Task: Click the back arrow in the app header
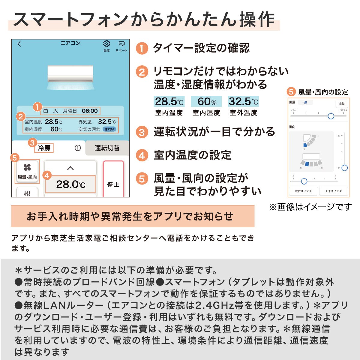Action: [x=19, y=44]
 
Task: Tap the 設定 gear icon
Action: [x=106, y=44]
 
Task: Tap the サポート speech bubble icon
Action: [x=121, y=44]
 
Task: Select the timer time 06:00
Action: [x=90, y=111]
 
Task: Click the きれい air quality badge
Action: [x=109, y=129]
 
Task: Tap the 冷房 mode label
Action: [x=44, y=148]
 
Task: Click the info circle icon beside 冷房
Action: [x=78, y=148]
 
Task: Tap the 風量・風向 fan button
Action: [x=27, y=171]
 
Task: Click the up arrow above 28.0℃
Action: [x=70, y=168]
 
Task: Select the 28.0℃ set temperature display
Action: [x=70, y=184]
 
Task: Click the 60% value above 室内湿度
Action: [x=206, y=102]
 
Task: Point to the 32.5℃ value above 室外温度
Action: [x=243, y=102]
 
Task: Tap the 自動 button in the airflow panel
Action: [x=342, y=103]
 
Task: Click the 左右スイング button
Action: [x=303, y=191]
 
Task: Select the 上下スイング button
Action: [x=334, y=191]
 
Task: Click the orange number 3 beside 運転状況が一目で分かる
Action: [x=142, y=132]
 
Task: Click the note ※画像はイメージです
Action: [x=310, y=207]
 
